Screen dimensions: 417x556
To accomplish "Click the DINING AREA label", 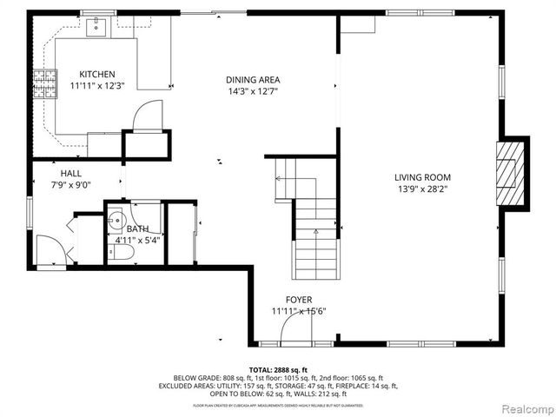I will pos(253,79).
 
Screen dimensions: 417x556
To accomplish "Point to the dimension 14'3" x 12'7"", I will pos(253,91).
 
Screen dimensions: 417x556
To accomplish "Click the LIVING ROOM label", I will pos(423,176).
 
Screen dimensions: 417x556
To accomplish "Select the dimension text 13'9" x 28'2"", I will pos(423,189).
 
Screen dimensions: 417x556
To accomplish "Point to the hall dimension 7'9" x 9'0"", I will pos(71,184).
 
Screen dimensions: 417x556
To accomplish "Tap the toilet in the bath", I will pos(125,253).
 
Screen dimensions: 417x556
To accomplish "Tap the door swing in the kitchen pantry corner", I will pos(149,115).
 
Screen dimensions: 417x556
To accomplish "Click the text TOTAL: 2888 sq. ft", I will pos(278,370).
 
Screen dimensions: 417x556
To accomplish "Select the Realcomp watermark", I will pos(523,407).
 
